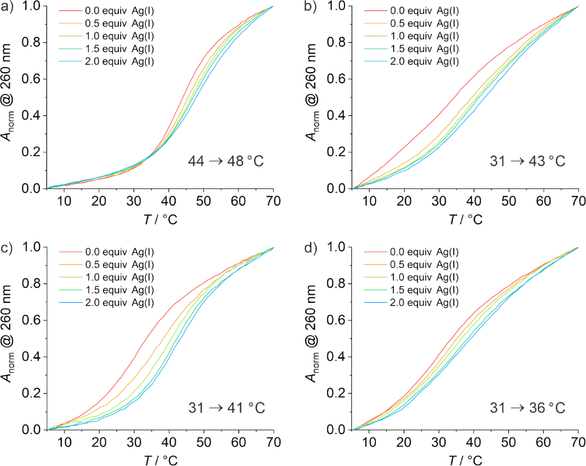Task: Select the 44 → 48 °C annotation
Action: (226, 161)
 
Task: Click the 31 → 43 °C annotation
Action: (527, 161)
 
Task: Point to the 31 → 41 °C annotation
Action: (226, 408)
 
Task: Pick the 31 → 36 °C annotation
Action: (527, 408)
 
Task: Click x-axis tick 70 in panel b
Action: (578, 200)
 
